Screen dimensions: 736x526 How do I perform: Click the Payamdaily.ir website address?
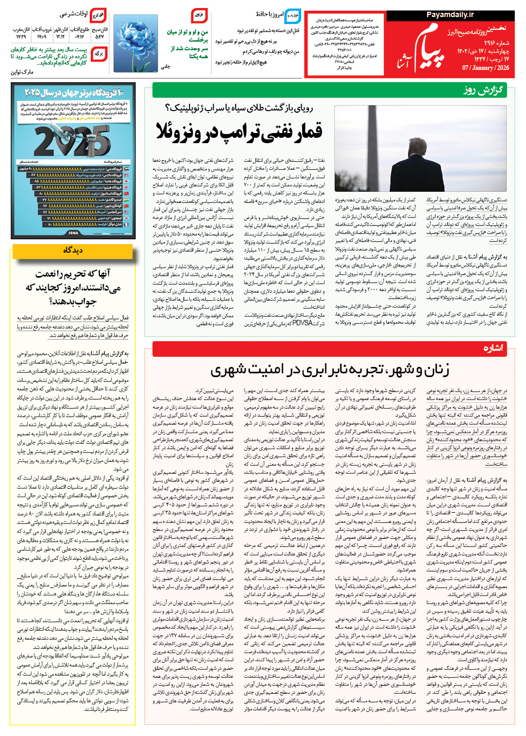(x=450, y=15)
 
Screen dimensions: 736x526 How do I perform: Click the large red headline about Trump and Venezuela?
(x=239, y=131)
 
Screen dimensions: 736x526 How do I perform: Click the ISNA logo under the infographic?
(x=73, y=233)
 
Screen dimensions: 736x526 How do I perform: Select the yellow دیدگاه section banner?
(x=73, y=250)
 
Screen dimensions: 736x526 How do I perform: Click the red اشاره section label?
(x=492, y=348)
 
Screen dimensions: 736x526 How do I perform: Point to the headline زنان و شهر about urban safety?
(x=329, y=369)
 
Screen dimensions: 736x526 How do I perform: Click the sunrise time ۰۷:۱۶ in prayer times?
(x=80, y=37)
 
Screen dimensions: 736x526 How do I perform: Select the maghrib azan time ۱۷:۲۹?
(x=21, y=37)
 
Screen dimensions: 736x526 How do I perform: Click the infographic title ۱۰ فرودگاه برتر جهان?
(x=73, y=92)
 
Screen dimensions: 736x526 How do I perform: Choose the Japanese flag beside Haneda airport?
(x=127, y=181)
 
